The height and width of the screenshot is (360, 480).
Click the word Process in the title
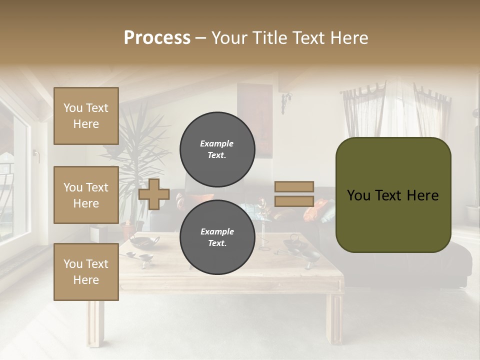point(157,38)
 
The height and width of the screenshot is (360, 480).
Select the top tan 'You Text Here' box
point(86,116)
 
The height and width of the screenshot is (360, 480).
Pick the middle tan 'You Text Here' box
point(86,195)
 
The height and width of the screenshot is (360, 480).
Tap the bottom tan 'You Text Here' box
point(86,272)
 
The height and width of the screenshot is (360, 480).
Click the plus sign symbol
point(154,194)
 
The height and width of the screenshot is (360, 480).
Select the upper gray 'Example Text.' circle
point(217,149)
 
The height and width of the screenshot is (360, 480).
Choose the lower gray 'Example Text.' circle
point(217,237)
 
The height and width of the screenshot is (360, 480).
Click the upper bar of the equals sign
point(294,187)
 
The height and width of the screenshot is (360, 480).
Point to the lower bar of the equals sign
point(294,201)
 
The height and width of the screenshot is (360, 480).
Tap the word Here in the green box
point(422,195)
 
